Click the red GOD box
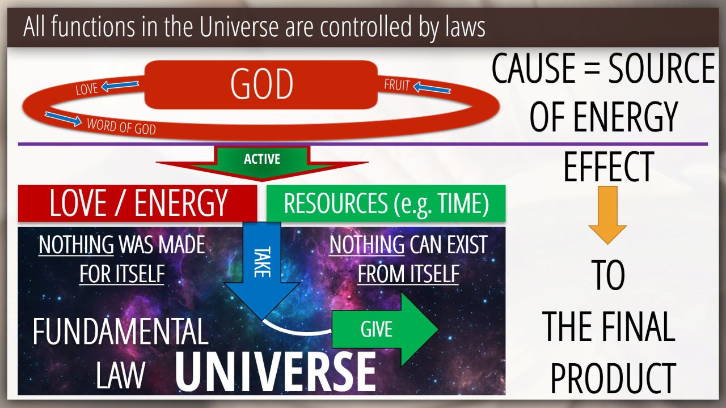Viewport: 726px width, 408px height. pyautogui.click(x=261, y=84)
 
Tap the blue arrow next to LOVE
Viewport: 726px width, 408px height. pyautogui.click(x=120, y=86)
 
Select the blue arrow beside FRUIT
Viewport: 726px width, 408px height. pyautogui.click(x=432, y=88)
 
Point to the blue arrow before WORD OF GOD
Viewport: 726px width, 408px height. pyautogui.click(x=63, y=118)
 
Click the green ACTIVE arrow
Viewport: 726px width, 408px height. pyautogui.click(x=262, y=163)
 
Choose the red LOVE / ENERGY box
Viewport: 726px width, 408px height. pyautogui.click(x=137, y=203)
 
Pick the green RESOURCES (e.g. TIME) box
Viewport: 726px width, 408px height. pyautogui.click(x=386, y=203)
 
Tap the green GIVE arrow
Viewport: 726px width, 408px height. pyautogui.click(x=385, y=329)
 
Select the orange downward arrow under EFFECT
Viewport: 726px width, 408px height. pyautogui.click(x=607, y=215)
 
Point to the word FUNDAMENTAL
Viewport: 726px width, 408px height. pyautogui.click(x=120, y=331)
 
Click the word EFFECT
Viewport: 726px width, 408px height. pyautogui.click(x=609, y=167)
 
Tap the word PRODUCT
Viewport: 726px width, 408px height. pyautogui.click(x=613, y=378)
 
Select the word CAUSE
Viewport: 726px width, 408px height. pyautogui.click(x=534, y=68)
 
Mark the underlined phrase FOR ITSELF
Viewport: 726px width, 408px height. pyautogui.click(x=122, y=274)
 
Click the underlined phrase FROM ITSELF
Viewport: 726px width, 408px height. pyautogui.click(x=408, y=274)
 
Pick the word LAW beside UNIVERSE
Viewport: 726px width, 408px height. pyautogui.click(x=120, y=375)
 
